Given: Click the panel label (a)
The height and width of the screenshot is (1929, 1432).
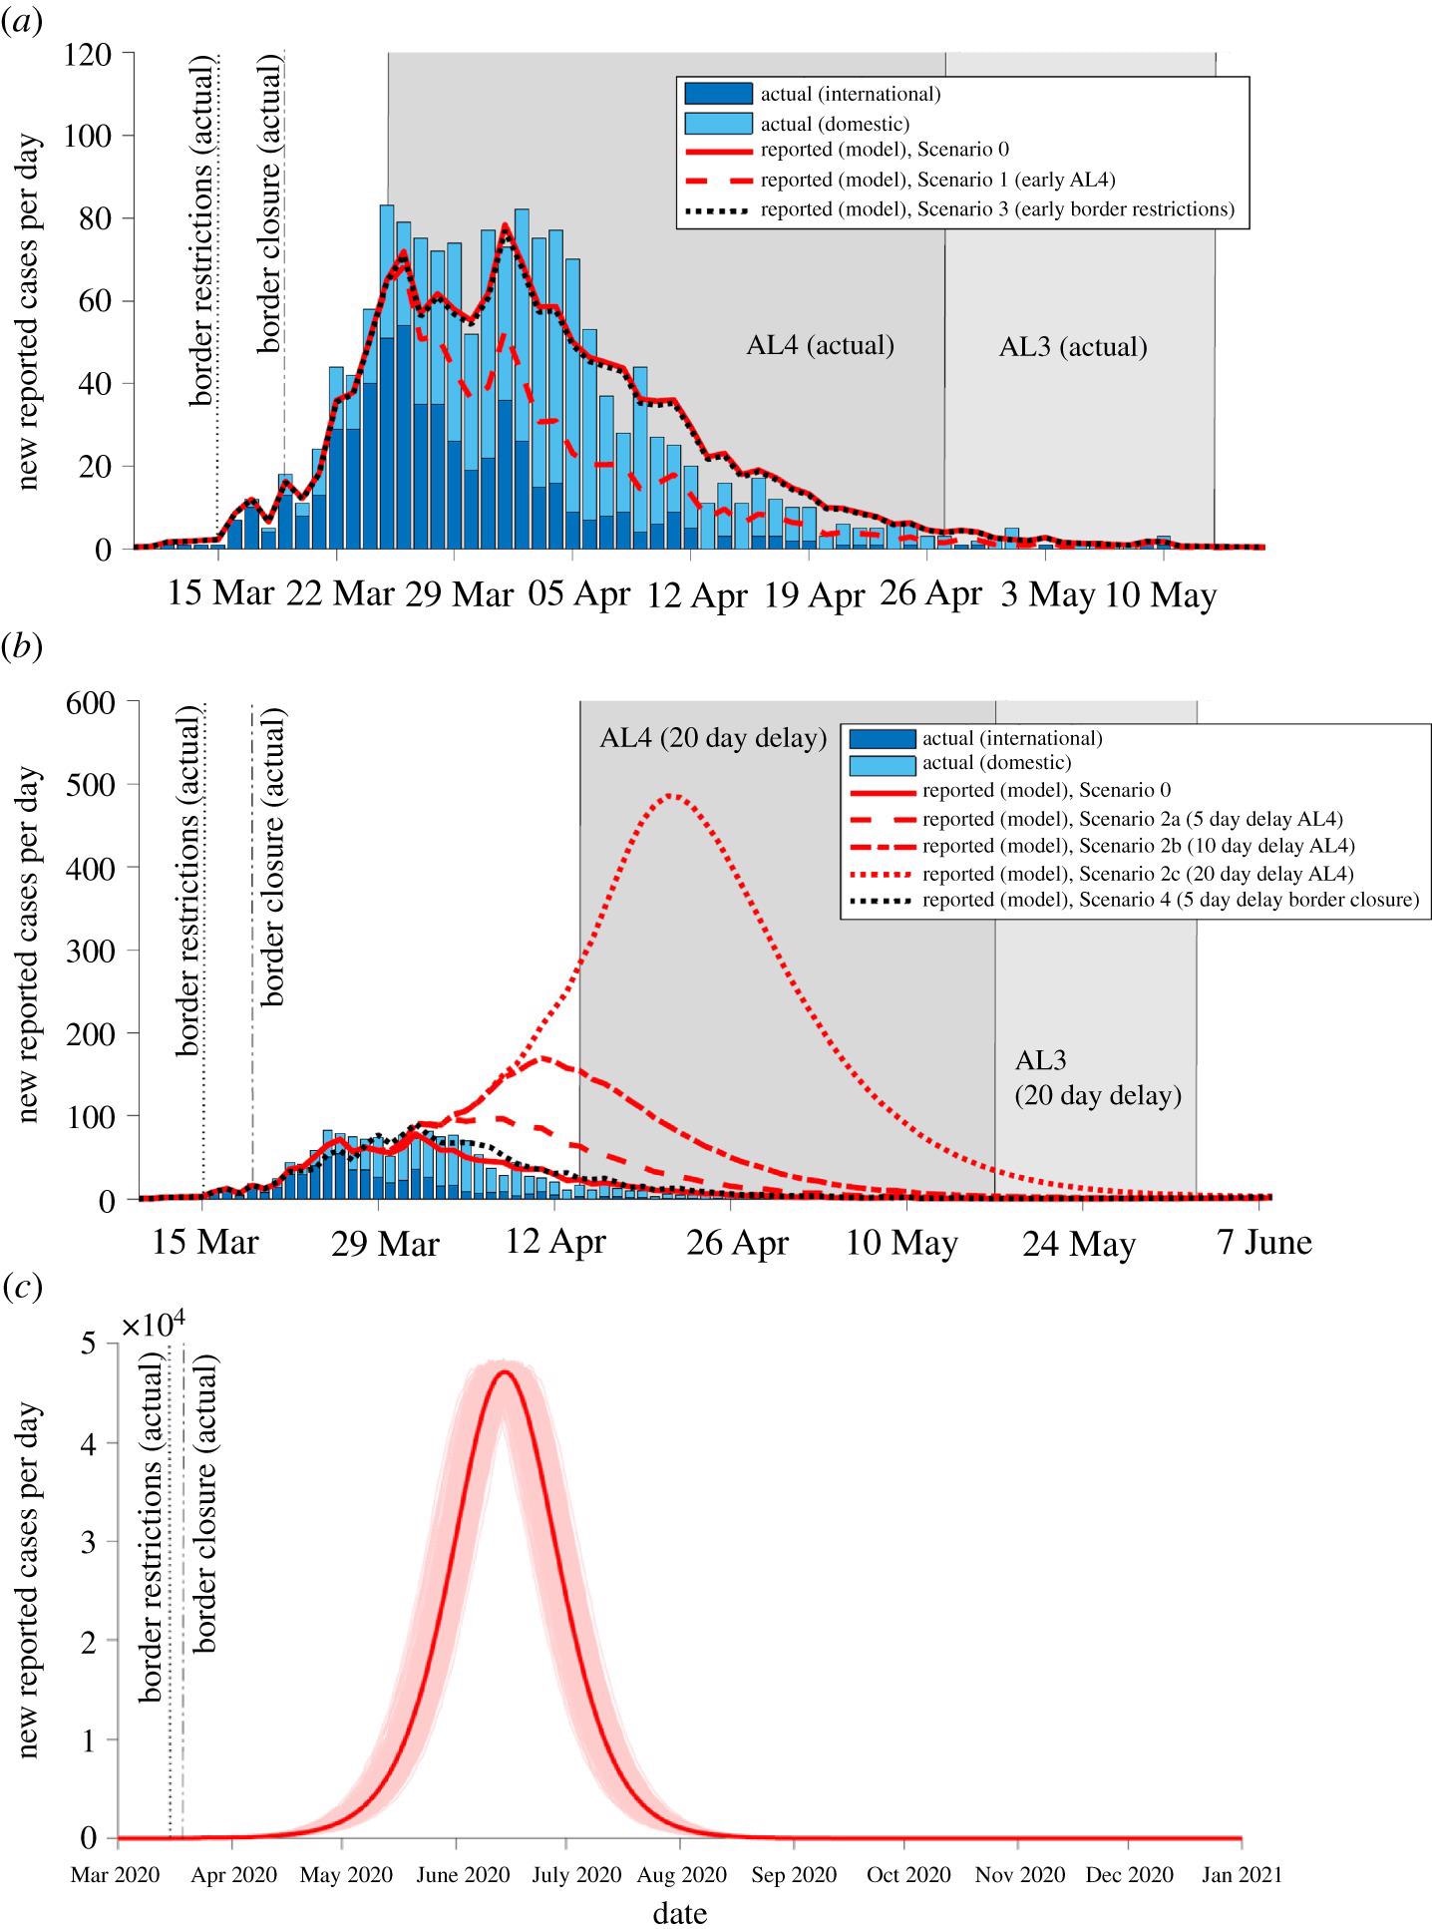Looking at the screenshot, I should point(21,23).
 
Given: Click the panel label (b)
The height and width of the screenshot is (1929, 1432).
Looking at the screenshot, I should point(21,647).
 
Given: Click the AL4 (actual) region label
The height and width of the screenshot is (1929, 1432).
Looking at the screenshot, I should point(820,346).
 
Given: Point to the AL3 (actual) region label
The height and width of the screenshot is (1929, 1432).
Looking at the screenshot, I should point(1073,347).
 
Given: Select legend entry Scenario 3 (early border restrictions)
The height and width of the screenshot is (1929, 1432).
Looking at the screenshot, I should point(996,209).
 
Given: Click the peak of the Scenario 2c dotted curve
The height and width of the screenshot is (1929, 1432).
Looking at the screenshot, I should point(671,795).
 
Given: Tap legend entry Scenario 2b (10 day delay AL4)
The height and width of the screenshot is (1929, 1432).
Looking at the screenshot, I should point(1138,846).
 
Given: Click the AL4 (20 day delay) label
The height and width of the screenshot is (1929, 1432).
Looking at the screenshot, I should point(713,739).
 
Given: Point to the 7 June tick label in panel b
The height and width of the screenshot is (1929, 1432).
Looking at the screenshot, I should point(1261,1242).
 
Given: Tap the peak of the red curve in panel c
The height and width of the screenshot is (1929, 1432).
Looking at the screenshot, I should point(505,1371).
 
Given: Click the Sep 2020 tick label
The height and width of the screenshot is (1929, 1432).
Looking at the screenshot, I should point(795,1875).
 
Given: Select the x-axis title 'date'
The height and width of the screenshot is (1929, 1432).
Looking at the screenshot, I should point(680,1913).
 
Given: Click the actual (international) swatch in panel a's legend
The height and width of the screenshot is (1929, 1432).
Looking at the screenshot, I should point(718,94).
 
